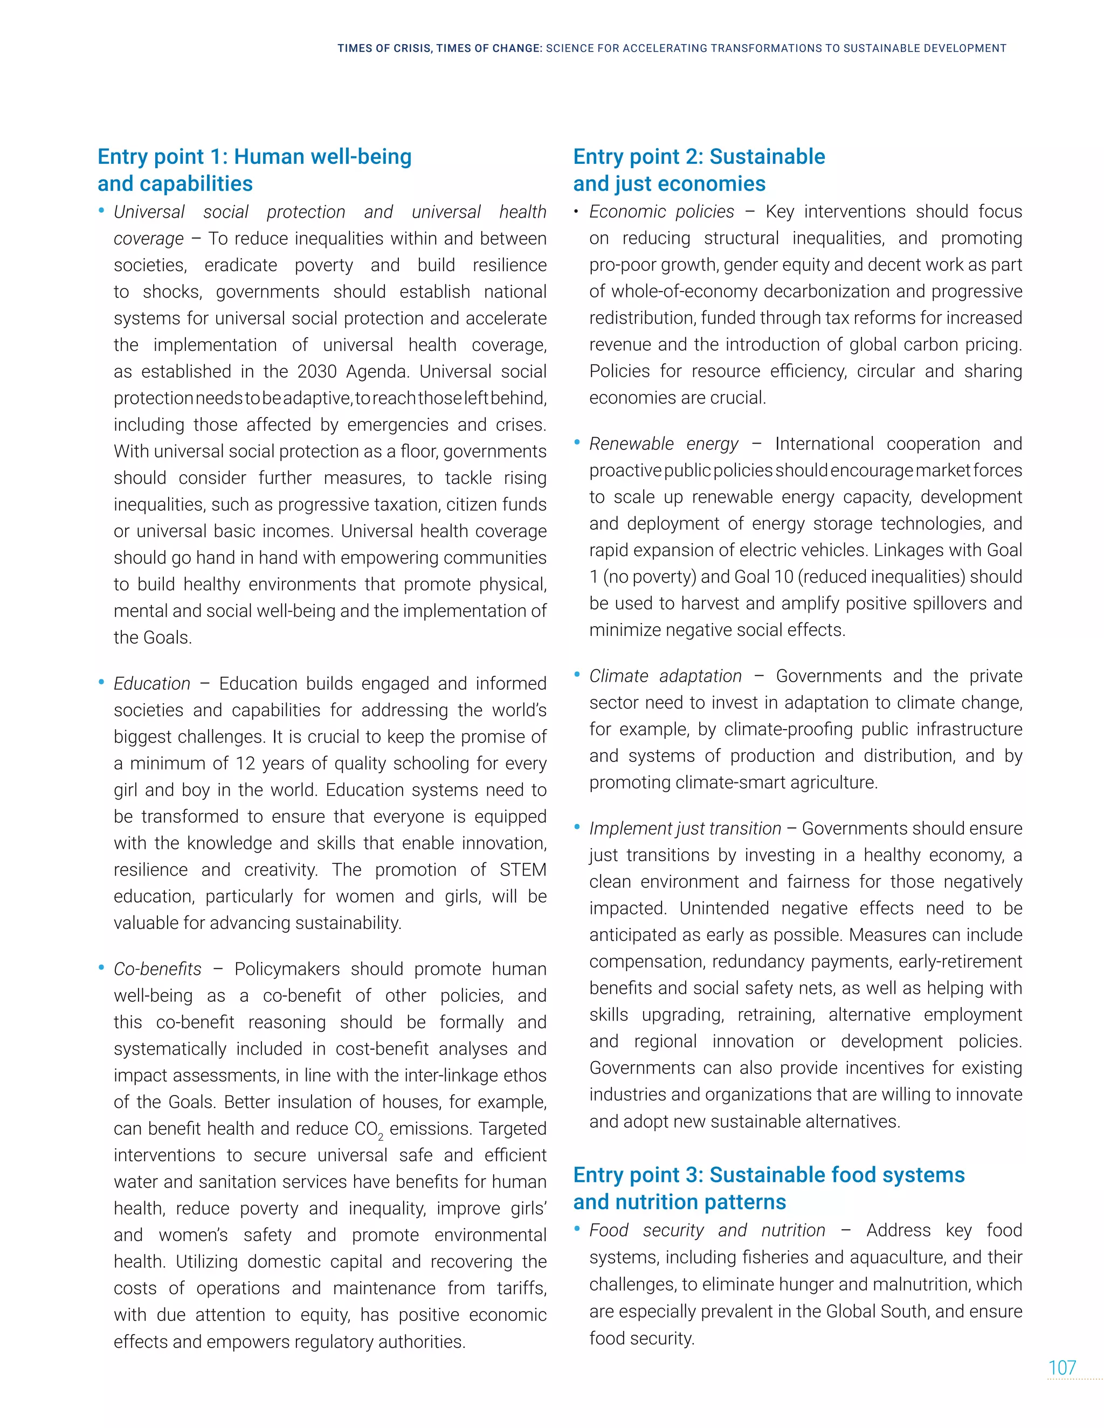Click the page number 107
(1061, 1368)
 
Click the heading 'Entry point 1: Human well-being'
(254, 157)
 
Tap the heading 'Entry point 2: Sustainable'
(699, 157)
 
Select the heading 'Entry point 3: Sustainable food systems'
(769, 1175)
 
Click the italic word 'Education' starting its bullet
(151, 684)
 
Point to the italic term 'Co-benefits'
(157, 969)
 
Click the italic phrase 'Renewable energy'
(663, 444)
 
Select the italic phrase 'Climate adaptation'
(665, 676)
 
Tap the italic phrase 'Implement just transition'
(685, 828)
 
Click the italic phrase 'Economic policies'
(661, 212)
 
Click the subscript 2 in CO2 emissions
(381, 1138)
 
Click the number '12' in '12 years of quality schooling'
(245, 764)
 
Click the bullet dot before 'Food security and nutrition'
(577, 1229)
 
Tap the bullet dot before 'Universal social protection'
(101, 211)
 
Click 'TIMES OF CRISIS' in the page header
(384, 48)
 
